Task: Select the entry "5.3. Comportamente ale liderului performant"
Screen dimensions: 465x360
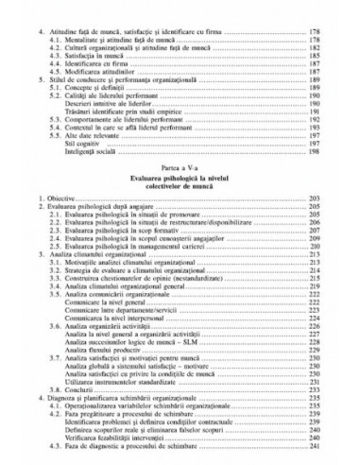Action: [x=122, y=154]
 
